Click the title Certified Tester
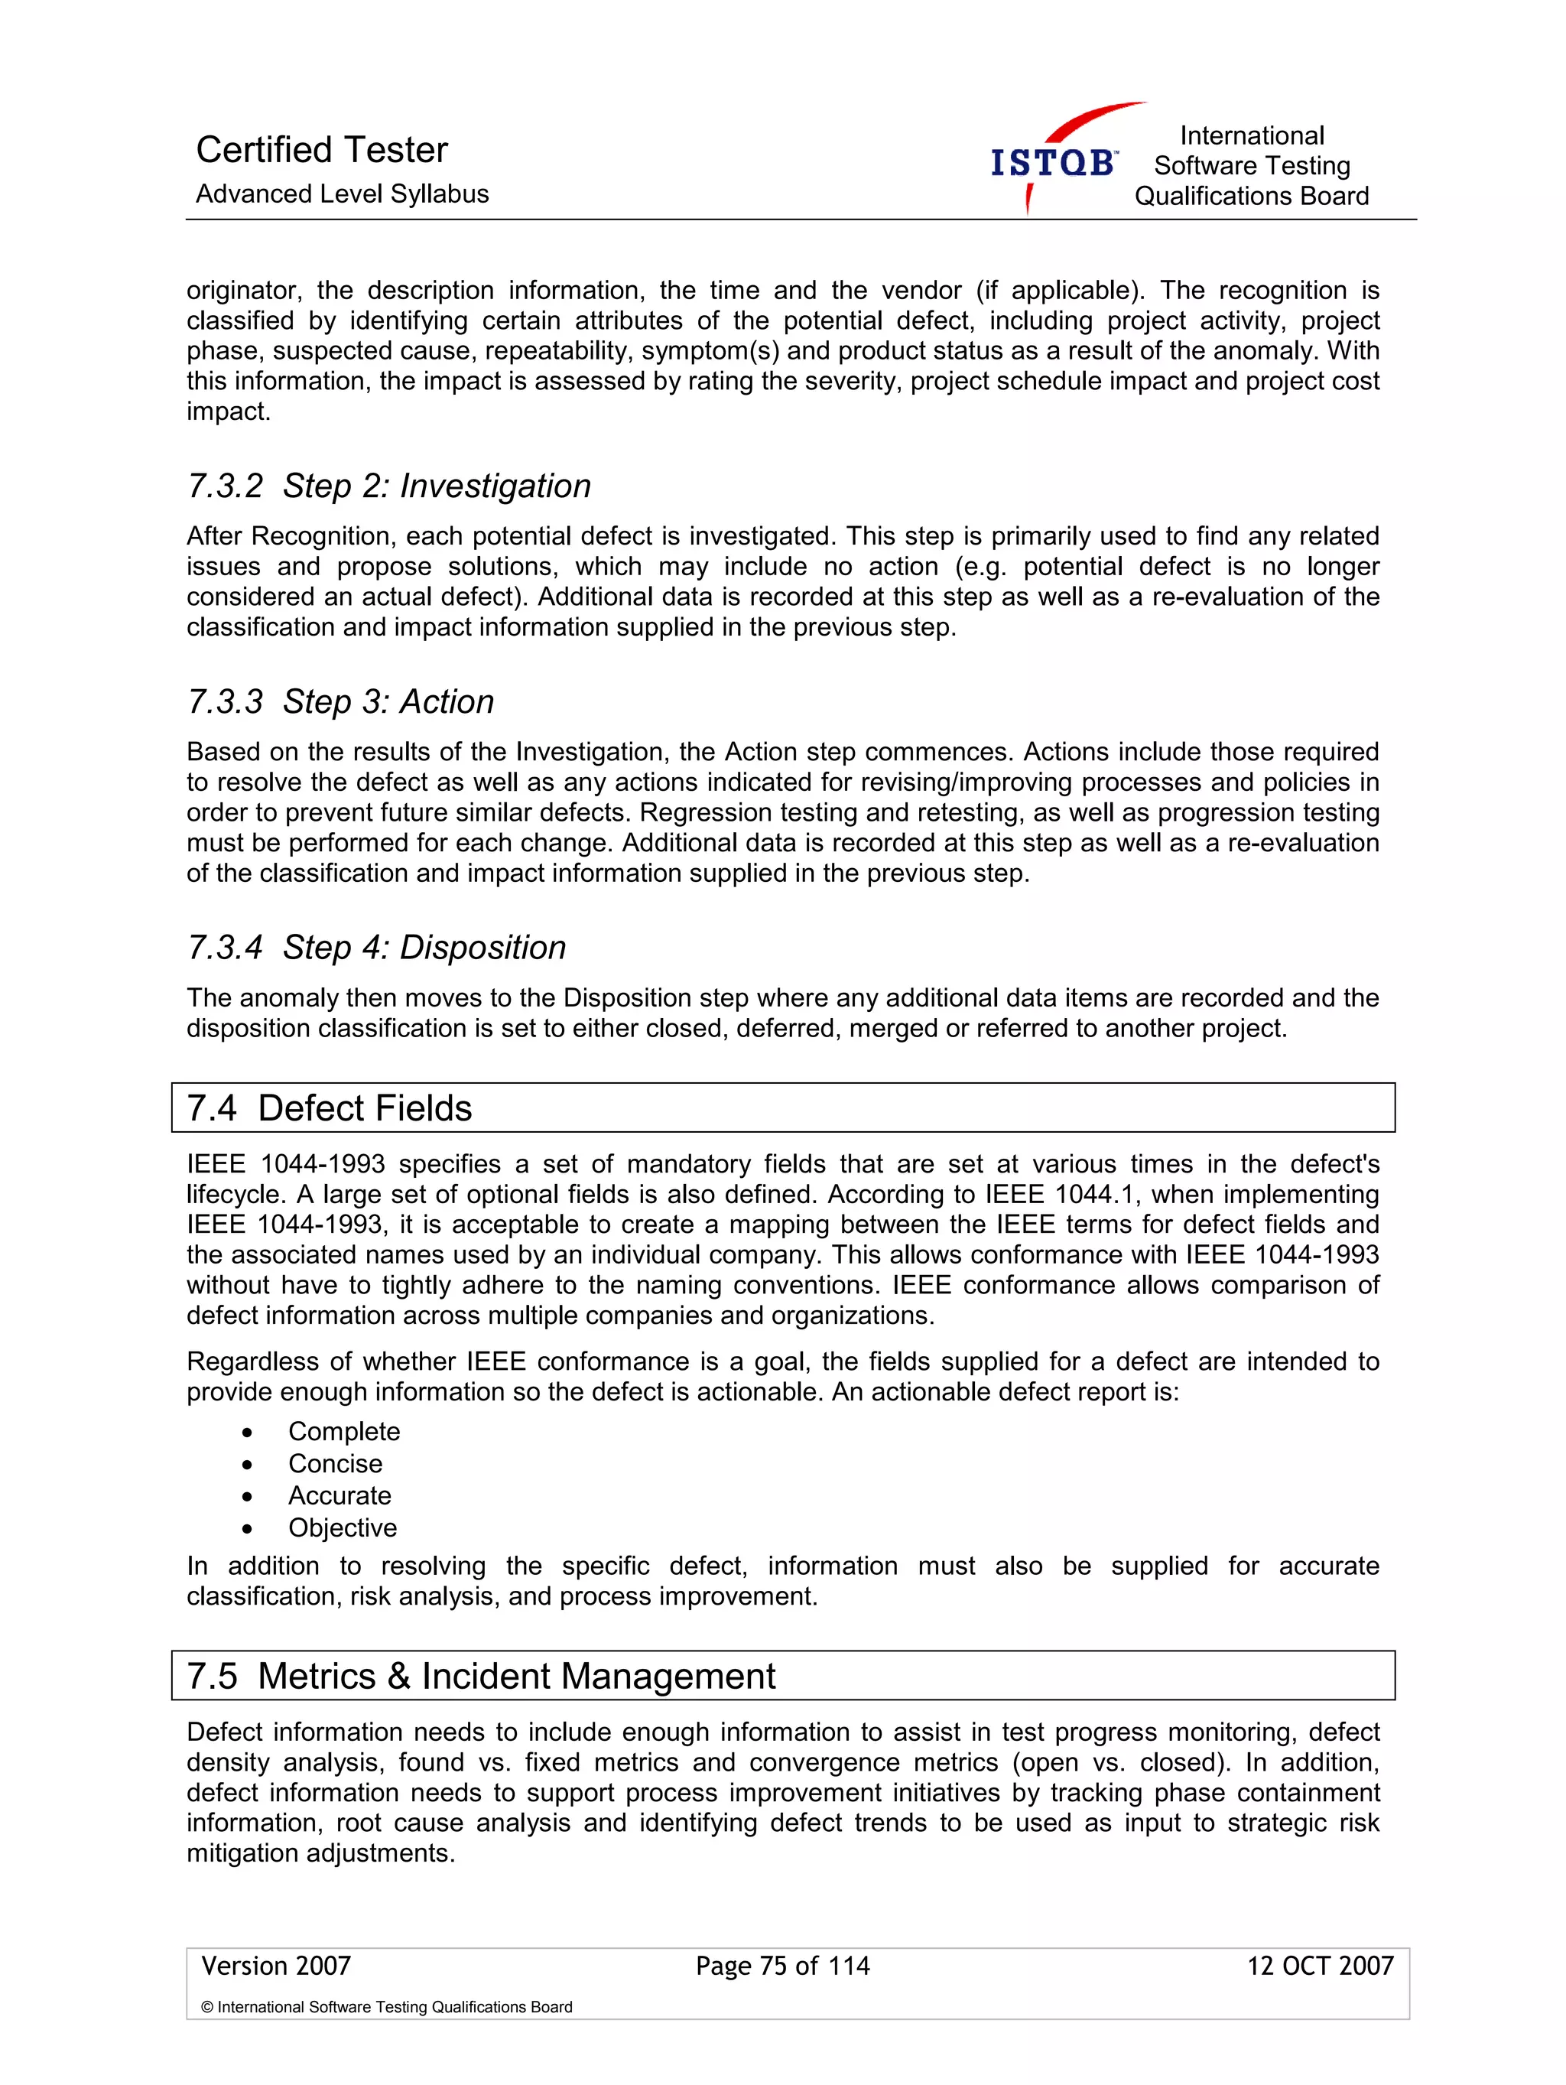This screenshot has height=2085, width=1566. (x=321, y=150)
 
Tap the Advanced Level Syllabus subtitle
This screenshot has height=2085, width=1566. (x=342, y=194)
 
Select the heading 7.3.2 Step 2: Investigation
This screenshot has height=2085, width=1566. (x=389, y=486)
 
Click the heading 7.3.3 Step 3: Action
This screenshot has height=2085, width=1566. (x=340, y=702)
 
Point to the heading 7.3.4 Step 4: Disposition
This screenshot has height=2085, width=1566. (x=377, y=948)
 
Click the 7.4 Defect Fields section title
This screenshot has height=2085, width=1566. (x=329, y=1108)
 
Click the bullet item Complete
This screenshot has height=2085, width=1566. (x=344, y=1432)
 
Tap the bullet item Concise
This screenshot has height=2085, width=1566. (x=336, y=1464)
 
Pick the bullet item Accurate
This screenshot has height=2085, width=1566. (x=340, y=1496)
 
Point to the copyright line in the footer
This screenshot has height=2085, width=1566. (x=386, y=2008)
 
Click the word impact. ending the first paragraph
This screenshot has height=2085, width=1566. (x=228, y=412)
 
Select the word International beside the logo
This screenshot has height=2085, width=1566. (x=1251, y=135)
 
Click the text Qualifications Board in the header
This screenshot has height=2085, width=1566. (x=1251, y=196)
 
